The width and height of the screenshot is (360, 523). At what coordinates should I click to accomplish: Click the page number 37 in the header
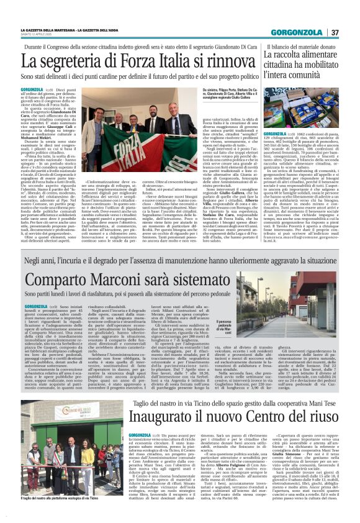tap(351, 32)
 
